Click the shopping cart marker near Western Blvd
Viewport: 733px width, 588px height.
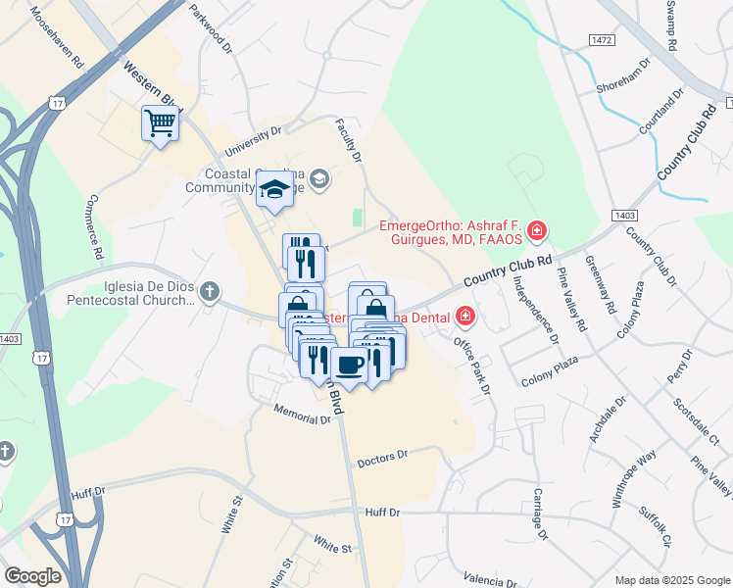coord(160,124)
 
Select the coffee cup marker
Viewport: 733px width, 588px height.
coord(349,366)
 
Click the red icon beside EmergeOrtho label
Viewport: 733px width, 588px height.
coord(536,231)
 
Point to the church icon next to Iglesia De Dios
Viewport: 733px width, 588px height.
coord(210,291)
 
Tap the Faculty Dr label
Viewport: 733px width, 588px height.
coord(348,141)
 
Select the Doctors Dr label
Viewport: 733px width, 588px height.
coord(381,458)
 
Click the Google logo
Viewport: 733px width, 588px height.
coord(31,576)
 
